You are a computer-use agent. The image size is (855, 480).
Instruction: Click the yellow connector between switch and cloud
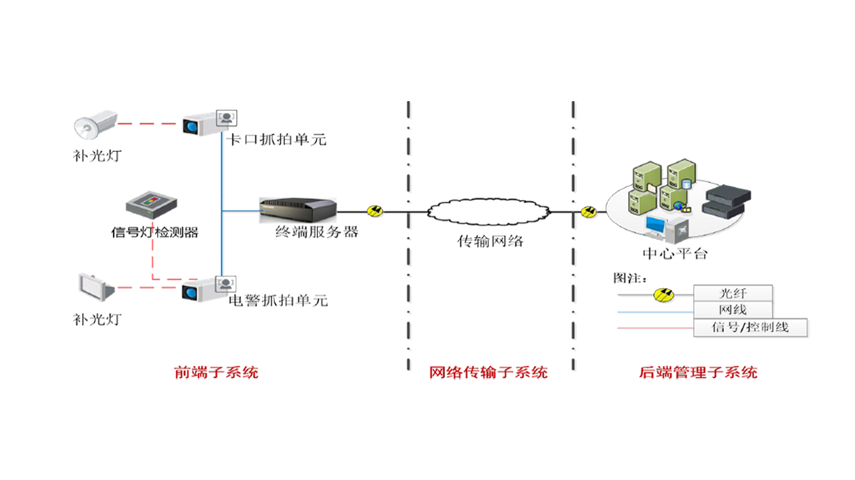(x=376, y=211)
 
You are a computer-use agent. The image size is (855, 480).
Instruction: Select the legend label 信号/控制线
(x=749, y=327)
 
